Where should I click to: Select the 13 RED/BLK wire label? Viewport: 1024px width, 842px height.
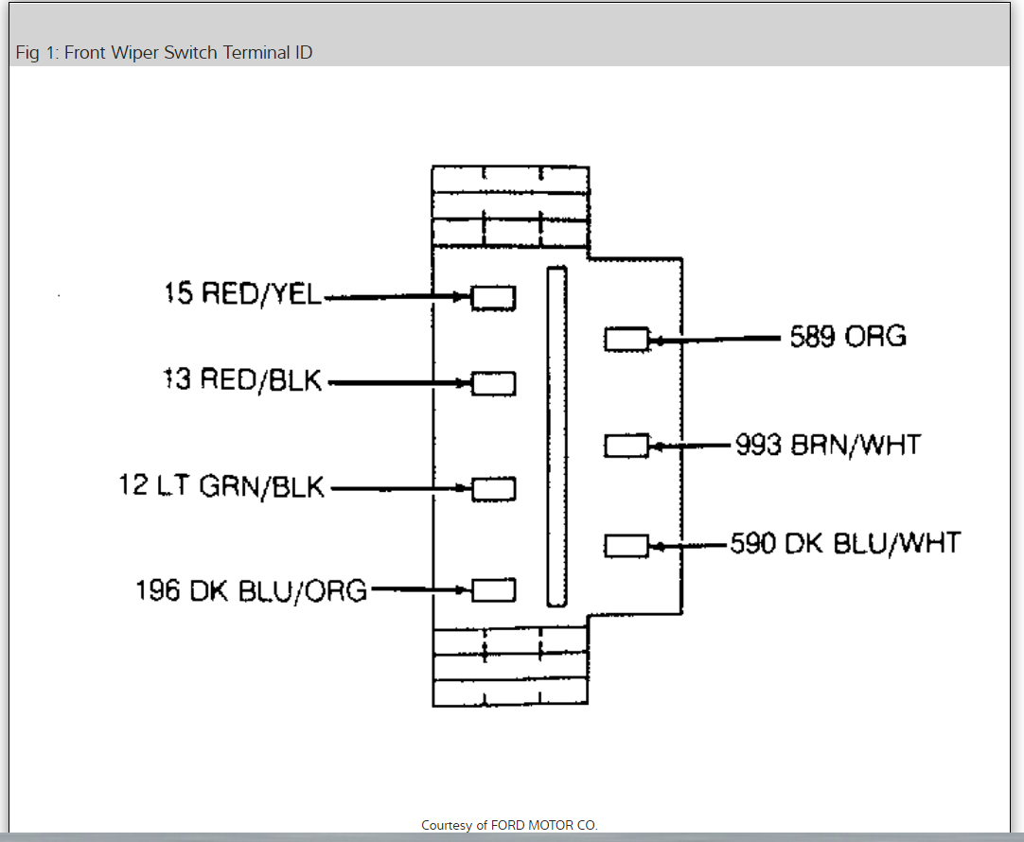tap(243, 380)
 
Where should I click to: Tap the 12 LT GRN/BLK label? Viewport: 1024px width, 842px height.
tap(221, 486)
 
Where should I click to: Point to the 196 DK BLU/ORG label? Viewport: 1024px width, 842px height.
tap(251, 589)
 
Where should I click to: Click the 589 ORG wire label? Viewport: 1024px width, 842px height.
tap(848, 336)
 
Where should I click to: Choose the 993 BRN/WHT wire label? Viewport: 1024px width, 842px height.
tap(827, 444)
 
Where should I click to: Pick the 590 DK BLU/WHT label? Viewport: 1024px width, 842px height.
tap(845, 543)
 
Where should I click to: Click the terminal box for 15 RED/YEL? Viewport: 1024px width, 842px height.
tap(493, 297)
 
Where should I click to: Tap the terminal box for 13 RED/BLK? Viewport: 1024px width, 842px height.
tap(493, 383)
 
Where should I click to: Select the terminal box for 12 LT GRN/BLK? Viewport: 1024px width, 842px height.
tap(493, 489)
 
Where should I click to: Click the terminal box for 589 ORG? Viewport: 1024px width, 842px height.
tap(627, 339)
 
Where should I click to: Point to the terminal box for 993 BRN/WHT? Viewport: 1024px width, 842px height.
tap(627, 445)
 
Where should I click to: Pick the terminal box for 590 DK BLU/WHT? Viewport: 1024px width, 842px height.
tap(627, 545)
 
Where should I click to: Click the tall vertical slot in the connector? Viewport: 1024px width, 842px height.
tap(556, 436)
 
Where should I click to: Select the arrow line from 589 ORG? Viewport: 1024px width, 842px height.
tap(719, 338)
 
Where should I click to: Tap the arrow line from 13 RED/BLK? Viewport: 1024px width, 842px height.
tap(397, 383)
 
